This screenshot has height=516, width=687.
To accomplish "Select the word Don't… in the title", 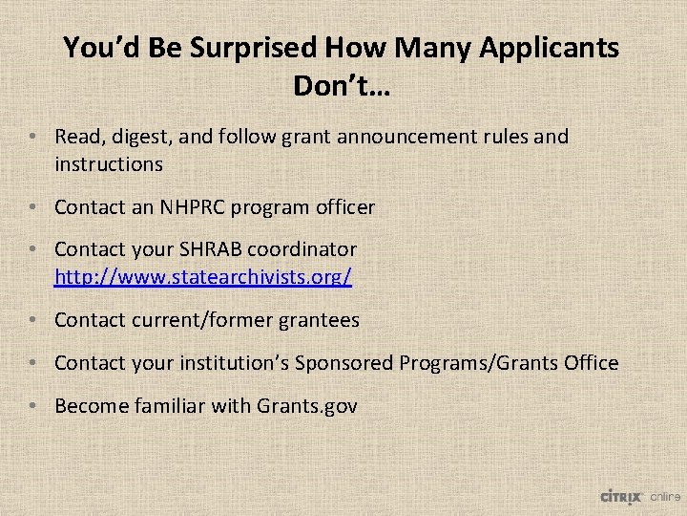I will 341,86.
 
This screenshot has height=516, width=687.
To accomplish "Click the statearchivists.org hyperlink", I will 203,277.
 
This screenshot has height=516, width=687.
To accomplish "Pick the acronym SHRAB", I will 203,249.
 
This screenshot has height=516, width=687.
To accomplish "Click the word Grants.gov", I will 307,405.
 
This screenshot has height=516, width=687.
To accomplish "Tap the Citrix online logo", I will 639,496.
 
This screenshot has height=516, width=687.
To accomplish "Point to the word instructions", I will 109,163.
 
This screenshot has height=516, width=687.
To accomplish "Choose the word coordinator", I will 302,249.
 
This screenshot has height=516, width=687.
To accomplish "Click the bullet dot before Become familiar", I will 33,406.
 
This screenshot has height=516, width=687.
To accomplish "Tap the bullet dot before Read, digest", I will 33,138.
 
